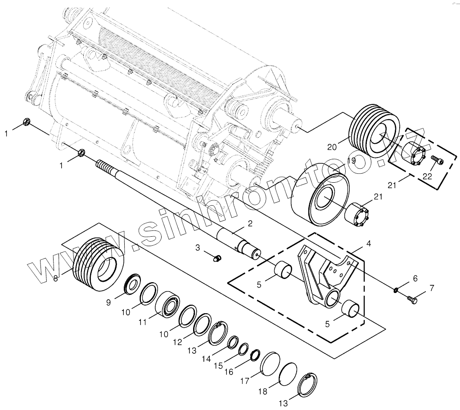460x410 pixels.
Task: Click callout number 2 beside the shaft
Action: [x=250, y=223]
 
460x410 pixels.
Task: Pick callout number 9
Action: [x=108, y=302]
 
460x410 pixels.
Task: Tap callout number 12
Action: [x=178, y=342]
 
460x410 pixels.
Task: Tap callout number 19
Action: [x=351, y=161]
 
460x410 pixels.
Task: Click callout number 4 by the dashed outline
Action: [x=369, y=243]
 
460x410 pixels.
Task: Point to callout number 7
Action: [x=432, y=288]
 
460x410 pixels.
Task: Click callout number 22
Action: [x=427, y=176]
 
